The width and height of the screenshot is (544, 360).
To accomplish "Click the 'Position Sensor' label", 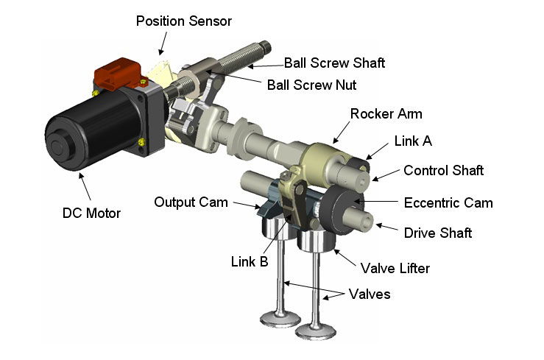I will click(183, 21).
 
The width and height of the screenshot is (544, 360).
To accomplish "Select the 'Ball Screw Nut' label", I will click(311, 85).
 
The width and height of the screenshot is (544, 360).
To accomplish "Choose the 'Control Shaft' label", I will click(443, 170).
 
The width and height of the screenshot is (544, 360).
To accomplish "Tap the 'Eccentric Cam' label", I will click(448, 202).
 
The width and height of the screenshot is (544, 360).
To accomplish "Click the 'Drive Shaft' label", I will click(438, 233).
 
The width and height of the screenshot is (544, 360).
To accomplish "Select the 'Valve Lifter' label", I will click(395, 268).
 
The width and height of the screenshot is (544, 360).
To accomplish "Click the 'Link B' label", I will click(247, 261).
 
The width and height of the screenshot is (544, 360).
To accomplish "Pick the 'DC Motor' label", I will click(92, 213).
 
